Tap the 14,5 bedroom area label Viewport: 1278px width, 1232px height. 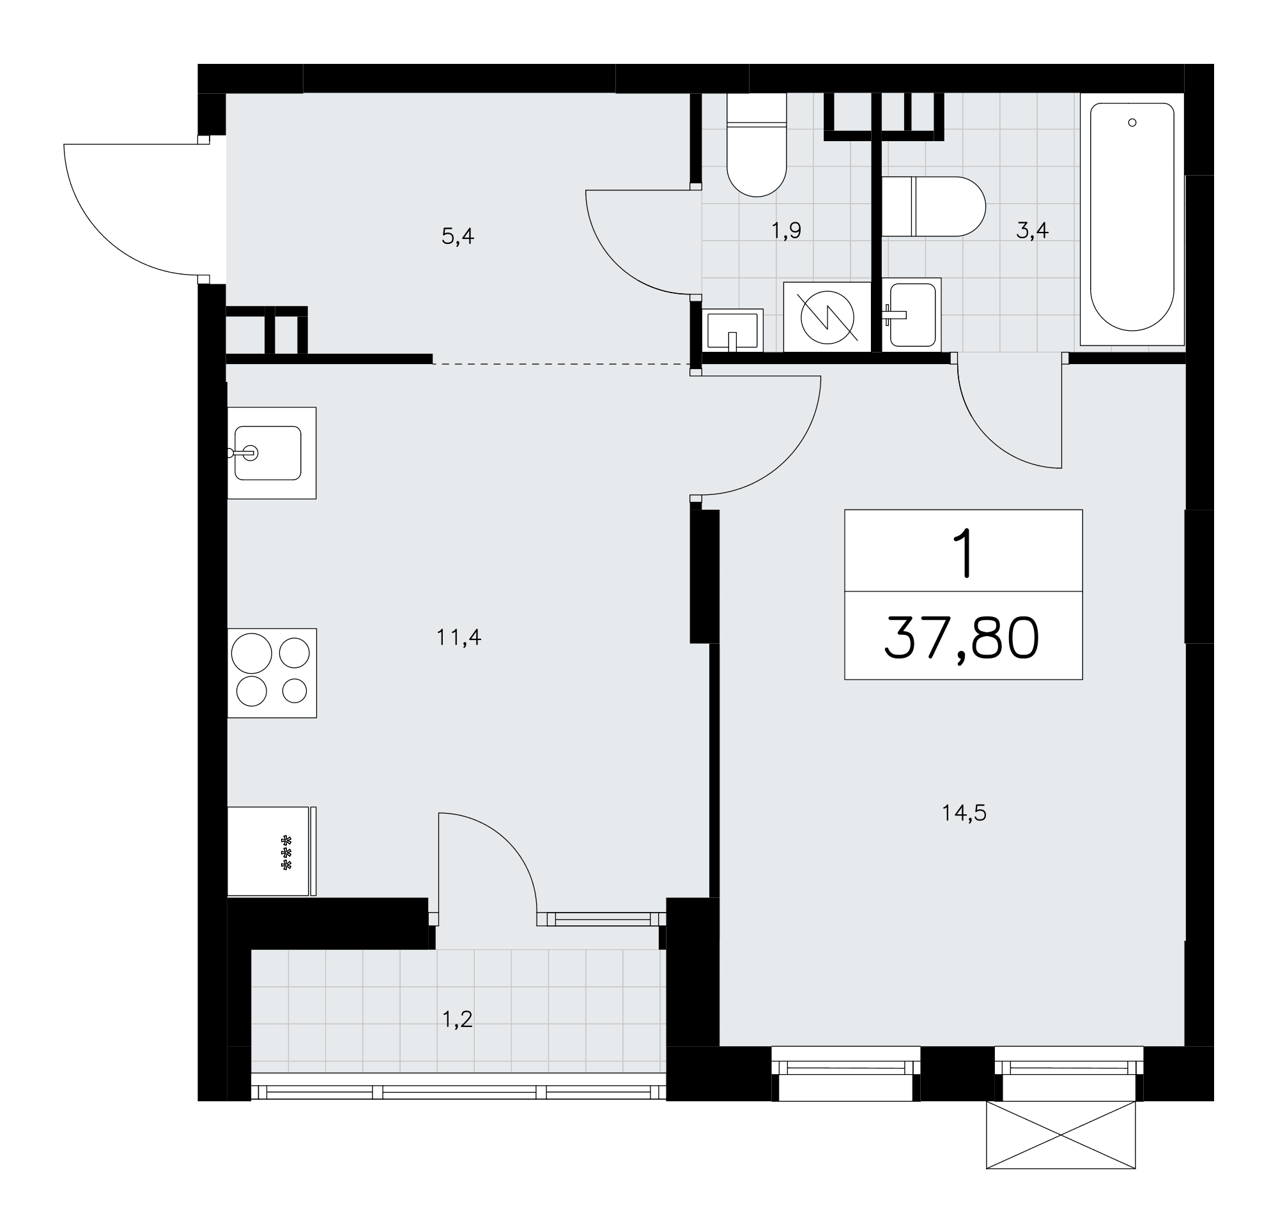[x=964, y=814]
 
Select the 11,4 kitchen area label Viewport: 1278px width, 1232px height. [x=458, y=637]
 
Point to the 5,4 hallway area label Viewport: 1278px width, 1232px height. [x=458, y=236]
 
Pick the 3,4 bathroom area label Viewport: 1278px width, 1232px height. [x=1032, y=230]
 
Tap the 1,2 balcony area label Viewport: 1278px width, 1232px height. [x=457, y=1019]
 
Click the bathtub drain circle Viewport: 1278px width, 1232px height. [x=1132, y=123]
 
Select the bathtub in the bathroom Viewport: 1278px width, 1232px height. [x=1132, y=219]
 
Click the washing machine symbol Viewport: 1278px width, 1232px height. [x=827, y=317]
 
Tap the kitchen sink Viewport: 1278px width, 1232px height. [x=271, y=453]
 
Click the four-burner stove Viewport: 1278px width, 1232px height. [x=272, y=673]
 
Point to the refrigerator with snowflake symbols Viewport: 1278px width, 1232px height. [x=271, y=851]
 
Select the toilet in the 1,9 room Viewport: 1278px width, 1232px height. [x=757, y=145]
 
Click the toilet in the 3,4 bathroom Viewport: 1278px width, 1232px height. [x=933, y=206]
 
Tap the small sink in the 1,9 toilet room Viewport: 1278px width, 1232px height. [x=733, y=330]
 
